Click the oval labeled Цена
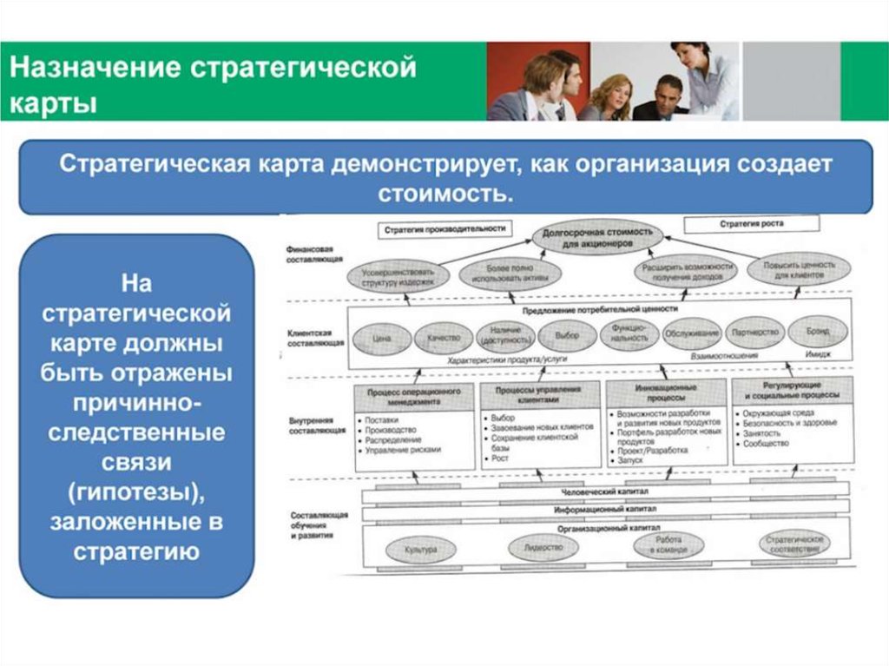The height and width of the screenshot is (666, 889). coord(381,339)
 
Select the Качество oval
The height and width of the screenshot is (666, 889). coord(443,338)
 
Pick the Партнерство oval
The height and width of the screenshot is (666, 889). coord(754,333)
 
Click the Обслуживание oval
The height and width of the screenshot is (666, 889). coord(692,333)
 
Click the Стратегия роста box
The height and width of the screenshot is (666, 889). coord(751,224)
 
